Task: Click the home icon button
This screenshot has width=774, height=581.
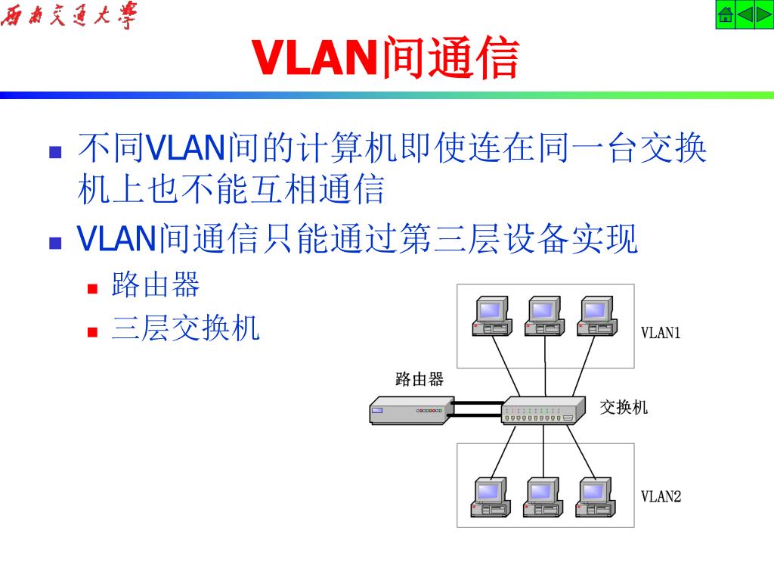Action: click(x=726, y=15)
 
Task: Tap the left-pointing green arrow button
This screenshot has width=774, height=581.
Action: click(x=745, y=15)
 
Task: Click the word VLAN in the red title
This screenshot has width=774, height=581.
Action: click(x=314, y=58)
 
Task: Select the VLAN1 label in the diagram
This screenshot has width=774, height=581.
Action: click(x=661, y=332)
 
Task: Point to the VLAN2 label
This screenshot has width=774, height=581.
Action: click(x=661, y=496)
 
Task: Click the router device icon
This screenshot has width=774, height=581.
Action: click(x=408, y=411)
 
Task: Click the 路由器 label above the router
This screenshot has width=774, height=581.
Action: click(x=420, y=379)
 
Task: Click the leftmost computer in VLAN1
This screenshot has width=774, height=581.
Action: click(x=492, y=315)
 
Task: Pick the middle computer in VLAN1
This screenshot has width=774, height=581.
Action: click(x=544, y=315)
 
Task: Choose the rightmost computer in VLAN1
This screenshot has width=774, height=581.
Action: click(x=596, y=315)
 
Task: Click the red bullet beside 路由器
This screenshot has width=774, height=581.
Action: click(x=94, y=288)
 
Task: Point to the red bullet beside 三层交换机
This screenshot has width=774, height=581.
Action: click(x=94, y=331)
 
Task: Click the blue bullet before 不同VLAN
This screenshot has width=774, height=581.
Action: click(x=54, y=152)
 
